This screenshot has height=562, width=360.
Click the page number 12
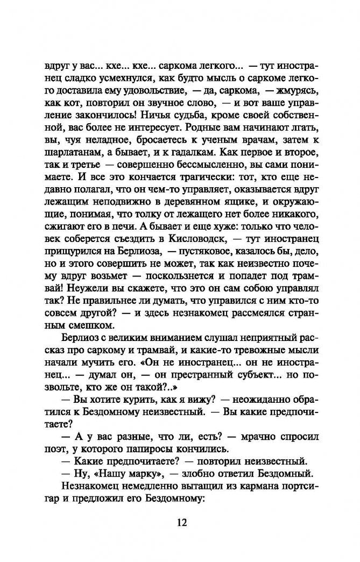tap(179, 522)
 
